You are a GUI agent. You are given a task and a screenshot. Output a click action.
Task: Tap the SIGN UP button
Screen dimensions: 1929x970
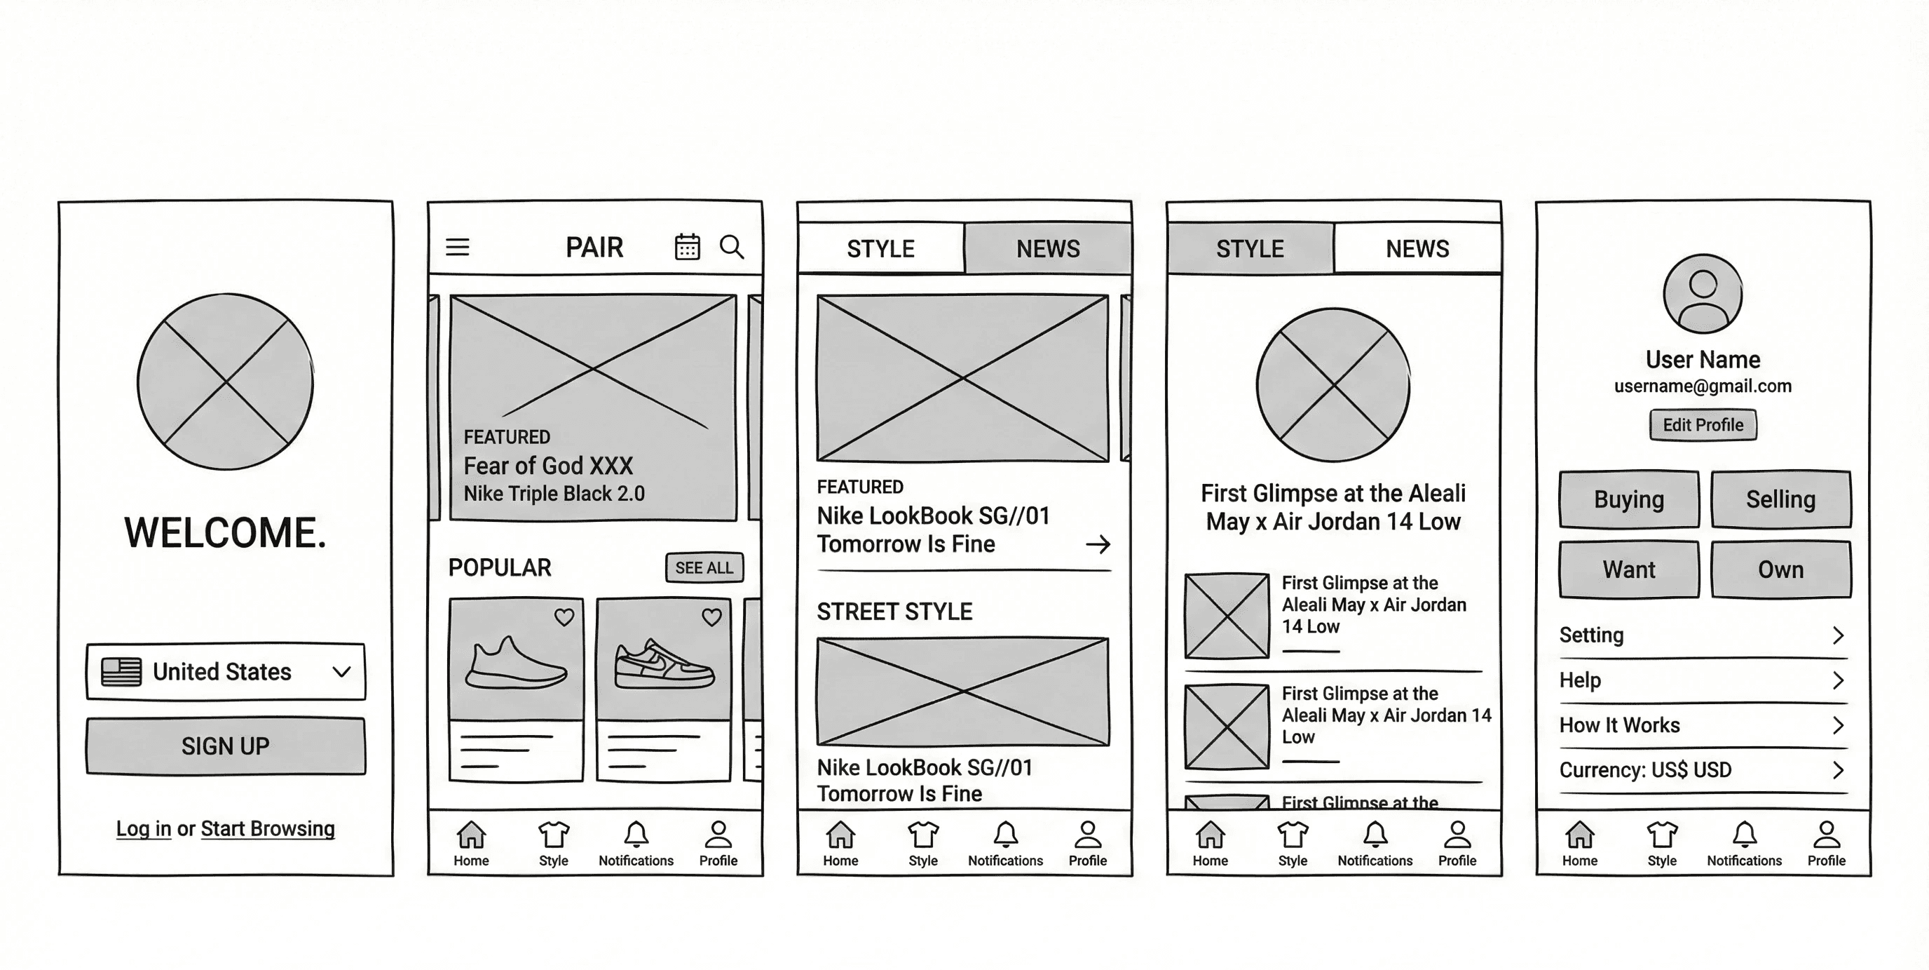coord(226,746)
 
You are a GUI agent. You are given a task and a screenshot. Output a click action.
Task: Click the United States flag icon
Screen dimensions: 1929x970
coord(121,672)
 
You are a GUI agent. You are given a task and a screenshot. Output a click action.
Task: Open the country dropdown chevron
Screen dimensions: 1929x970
coord(341,672)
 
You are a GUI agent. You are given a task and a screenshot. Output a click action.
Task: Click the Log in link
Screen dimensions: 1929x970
coord(144,828)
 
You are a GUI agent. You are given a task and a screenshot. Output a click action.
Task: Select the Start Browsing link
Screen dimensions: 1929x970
coord(267,828)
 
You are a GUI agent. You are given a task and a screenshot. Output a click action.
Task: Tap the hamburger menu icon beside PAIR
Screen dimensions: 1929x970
coord(458,247)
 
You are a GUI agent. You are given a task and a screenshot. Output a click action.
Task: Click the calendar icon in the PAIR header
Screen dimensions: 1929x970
coord(688,246)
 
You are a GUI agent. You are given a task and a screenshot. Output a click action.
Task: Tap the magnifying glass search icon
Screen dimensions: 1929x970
coord(732,247)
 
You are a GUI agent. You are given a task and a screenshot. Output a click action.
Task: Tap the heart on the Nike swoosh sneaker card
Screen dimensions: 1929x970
coord(711,617)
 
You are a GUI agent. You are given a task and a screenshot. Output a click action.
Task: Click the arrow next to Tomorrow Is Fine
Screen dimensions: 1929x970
coord(1098,544)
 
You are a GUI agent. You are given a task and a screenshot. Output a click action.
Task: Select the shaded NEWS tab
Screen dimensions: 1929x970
coord(1048,248)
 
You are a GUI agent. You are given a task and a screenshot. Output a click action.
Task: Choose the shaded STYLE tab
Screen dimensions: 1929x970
coord(1250,248)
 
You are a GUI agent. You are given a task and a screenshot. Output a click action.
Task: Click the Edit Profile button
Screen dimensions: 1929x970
coord(1703,426)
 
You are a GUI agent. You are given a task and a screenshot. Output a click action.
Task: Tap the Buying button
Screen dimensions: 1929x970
coord(1629,499)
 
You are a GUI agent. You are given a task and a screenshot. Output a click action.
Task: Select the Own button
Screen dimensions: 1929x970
coord(1780,570)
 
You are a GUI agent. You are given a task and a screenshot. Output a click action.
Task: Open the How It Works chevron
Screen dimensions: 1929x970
coord(1838,725)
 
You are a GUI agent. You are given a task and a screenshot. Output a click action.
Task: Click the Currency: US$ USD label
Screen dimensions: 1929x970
coord(1645,770)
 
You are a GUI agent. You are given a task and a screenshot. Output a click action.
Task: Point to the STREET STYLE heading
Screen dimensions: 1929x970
coord(894,612)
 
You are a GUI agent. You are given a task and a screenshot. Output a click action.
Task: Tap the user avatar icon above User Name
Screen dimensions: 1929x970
coord(1703,294)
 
